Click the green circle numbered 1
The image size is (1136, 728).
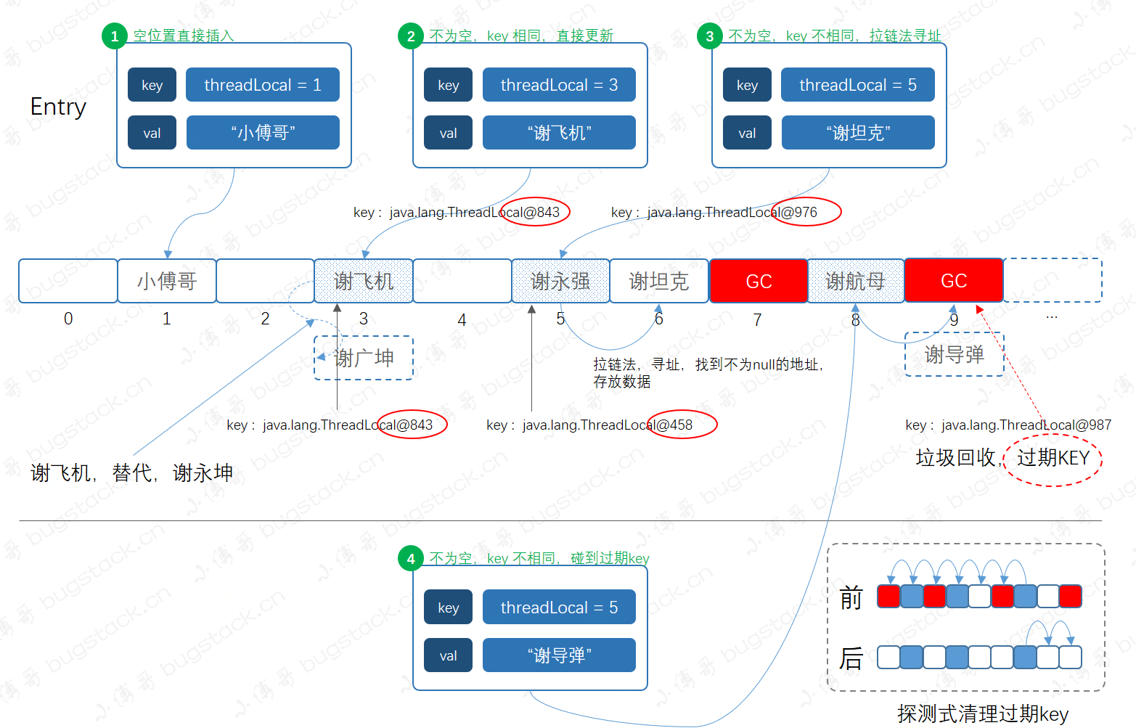[115, 36]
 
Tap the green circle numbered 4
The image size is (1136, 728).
[411, 559]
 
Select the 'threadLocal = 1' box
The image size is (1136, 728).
[263, 85]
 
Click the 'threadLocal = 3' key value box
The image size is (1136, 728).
[559, 85]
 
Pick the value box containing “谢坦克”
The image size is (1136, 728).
[858, 133]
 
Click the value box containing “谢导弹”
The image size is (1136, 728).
[559, 655]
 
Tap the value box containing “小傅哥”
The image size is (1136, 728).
[263, 133]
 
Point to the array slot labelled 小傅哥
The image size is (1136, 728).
[167, 281]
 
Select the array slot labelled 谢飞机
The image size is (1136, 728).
[364, 281]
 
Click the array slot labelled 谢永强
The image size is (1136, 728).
[560, 281]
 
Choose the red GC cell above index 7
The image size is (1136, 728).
[759, 281]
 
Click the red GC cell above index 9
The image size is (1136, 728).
[954, 281]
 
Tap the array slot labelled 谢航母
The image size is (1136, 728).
[856, 281]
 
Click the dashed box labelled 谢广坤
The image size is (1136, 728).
[364, 358]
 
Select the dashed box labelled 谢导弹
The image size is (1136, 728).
[955, 355]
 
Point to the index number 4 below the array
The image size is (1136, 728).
[462, 320]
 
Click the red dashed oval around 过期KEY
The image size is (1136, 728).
[1053, 459]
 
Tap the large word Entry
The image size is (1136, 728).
[58, 107]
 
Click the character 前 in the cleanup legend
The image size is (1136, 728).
[851, 599]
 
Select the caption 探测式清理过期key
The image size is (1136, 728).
[983, 713]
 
